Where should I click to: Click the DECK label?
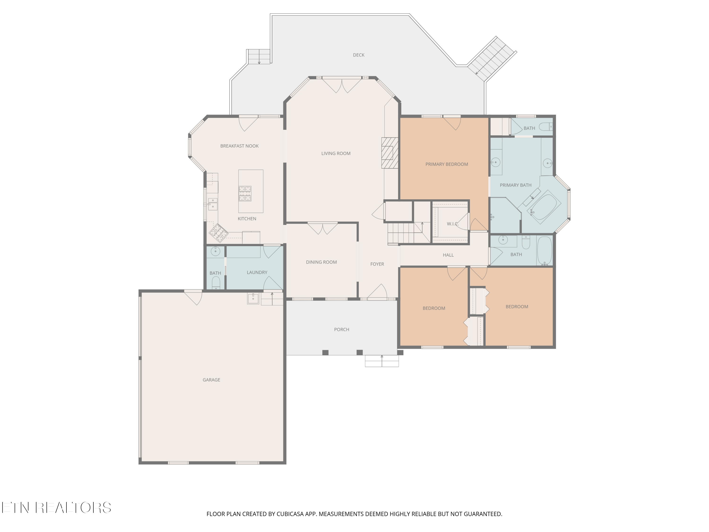coord(359,55)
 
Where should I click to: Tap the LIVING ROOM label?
coord(336,154)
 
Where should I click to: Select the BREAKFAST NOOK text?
coord(239,146)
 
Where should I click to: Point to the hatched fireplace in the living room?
coord(390,153)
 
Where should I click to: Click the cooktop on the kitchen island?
coord(245,194)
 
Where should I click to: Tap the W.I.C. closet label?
coord(453,224)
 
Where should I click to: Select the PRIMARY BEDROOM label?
coord(447,164)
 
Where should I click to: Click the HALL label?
coord(448,255)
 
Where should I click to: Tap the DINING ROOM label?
coord(321,262)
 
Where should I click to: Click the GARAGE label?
coord(212,380)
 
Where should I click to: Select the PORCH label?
coord(342,330)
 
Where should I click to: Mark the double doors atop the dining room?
coord(323,228)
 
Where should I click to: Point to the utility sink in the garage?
coord(253,299)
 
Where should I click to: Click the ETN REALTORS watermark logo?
coord(56,508)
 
